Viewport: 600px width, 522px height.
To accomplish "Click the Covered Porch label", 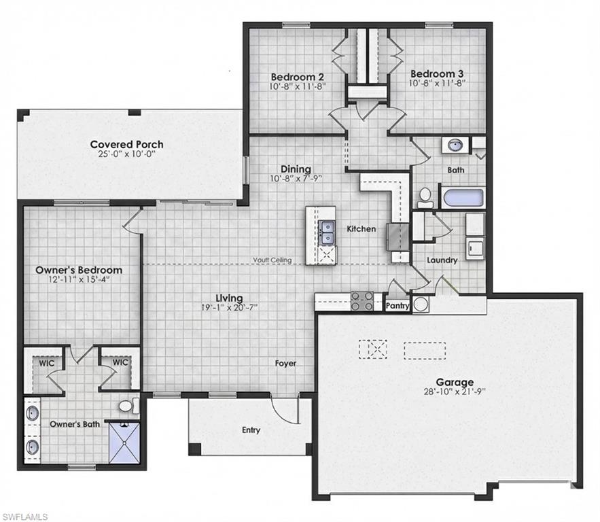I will tap(126, 144).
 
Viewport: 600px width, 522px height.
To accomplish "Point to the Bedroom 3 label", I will tap(436, 73).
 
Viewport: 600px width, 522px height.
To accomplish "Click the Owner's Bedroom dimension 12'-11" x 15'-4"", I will tap(79, 279).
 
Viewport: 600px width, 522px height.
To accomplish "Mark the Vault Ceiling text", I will tap(272, 260).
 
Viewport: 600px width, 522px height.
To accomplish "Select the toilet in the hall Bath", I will tap(426, 198).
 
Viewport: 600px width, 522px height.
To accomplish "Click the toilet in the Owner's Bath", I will tap(127, 406).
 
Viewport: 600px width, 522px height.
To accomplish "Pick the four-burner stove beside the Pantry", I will tap(361, 300).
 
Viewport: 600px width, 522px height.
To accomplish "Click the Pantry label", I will tap(398, 307).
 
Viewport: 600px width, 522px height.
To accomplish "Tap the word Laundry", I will tap(442, 260).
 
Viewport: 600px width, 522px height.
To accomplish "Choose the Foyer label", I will tap(285, 364).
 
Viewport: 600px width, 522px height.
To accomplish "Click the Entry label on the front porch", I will tap(251, 430).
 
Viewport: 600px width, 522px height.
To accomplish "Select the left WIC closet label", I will tap(46, 362).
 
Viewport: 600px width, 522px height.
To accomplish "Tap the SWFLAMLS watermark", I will tap(24, 516).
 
